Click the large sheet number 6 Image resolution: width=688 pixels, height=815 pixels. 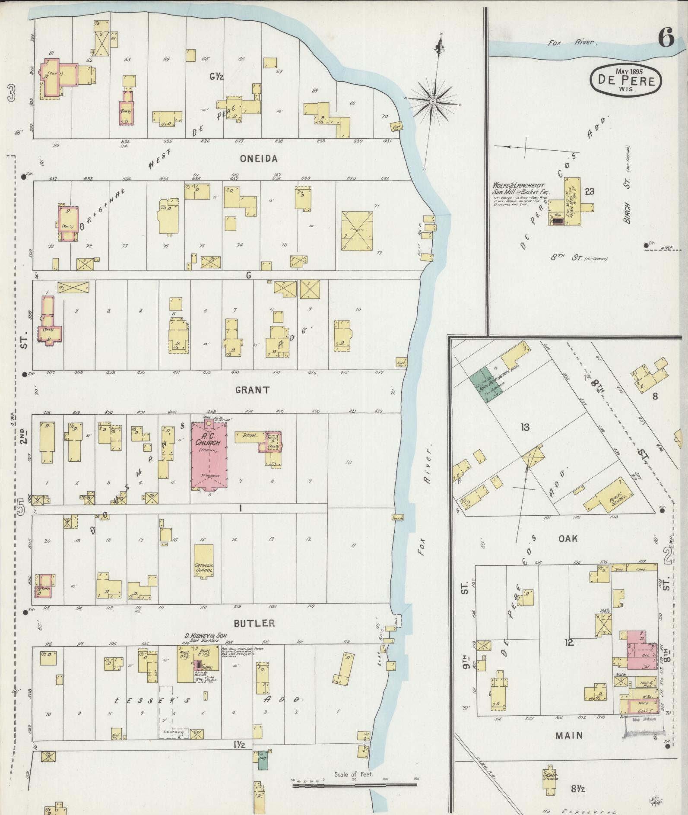click(666, 39)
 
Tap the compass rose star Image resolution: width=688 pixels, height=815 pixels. click(433, 101)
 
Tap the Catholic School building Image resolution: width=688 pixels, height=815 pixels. click(203, 561)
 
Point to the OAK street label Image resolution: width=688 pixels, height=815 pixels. click(568, 539)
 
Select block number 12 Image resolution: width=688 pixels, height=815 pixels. click(568, 643)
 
